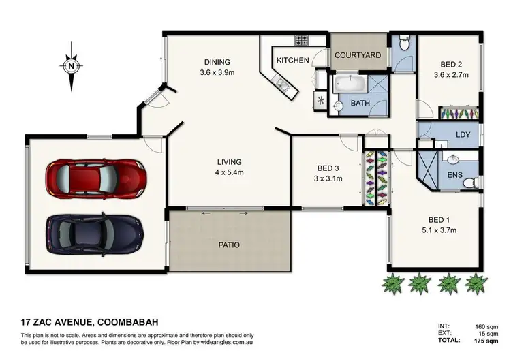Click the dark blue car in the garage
[x=95, y=233]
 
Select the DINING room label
[x=217, y=61]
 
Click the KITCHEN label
[x=292, y=61]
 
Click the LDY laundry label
[x=463, y=135]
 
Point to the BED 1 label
[x=438, y=219]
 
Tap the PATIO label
[x=229, y=245]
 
